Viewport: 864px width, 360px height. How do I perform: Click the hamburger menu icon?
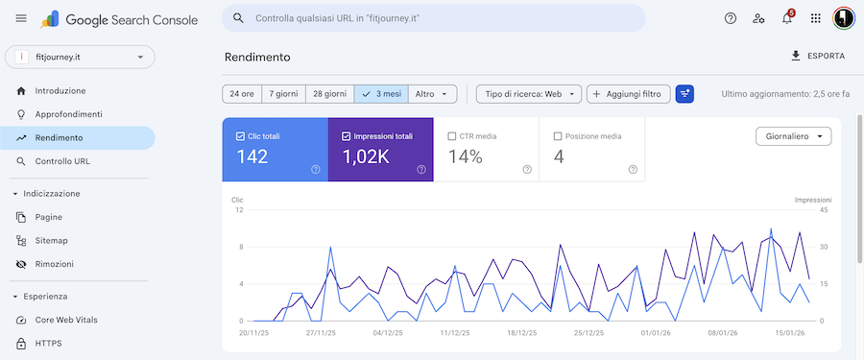click(21, 18)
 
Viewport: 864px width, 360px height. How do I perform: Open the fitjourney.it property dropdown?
click(80, 57)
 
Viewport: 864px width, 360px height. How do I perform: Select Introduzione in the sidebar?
click(60, 90)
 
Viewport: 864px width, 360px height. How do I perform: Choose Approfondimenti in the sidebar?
click(68, 114)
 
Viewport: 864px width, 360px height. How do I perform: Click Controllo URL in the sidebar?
click(61, 161)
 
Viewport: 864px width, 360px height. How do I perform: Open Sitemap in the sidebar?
click(51, 240)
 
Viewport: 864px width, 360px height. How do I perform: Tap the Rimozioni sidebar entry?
click(54, 263)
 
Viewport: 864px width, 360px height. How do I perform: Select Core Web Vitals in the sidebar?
click(66, 320)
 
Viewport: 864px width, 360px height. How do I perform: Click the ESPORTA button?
click(818, 57)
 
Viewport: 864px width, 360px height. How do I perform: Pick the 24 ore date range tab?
click(241, 94)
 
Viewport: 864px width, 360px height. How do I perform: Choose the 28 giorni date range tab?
click(329, 94)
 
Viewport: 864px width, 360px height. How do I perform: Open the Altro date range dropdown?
click(432, 94)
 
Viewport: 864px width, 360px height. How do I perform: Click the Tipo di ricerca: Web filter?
click(529, 94)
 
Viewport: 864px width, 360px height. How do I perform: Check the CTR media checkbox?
click(452, 136)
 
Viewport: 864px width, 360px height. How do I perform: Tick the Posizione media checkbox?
click(558, 136)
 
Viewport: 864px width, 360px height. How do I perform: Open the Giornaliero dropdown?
click(793, 136)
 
